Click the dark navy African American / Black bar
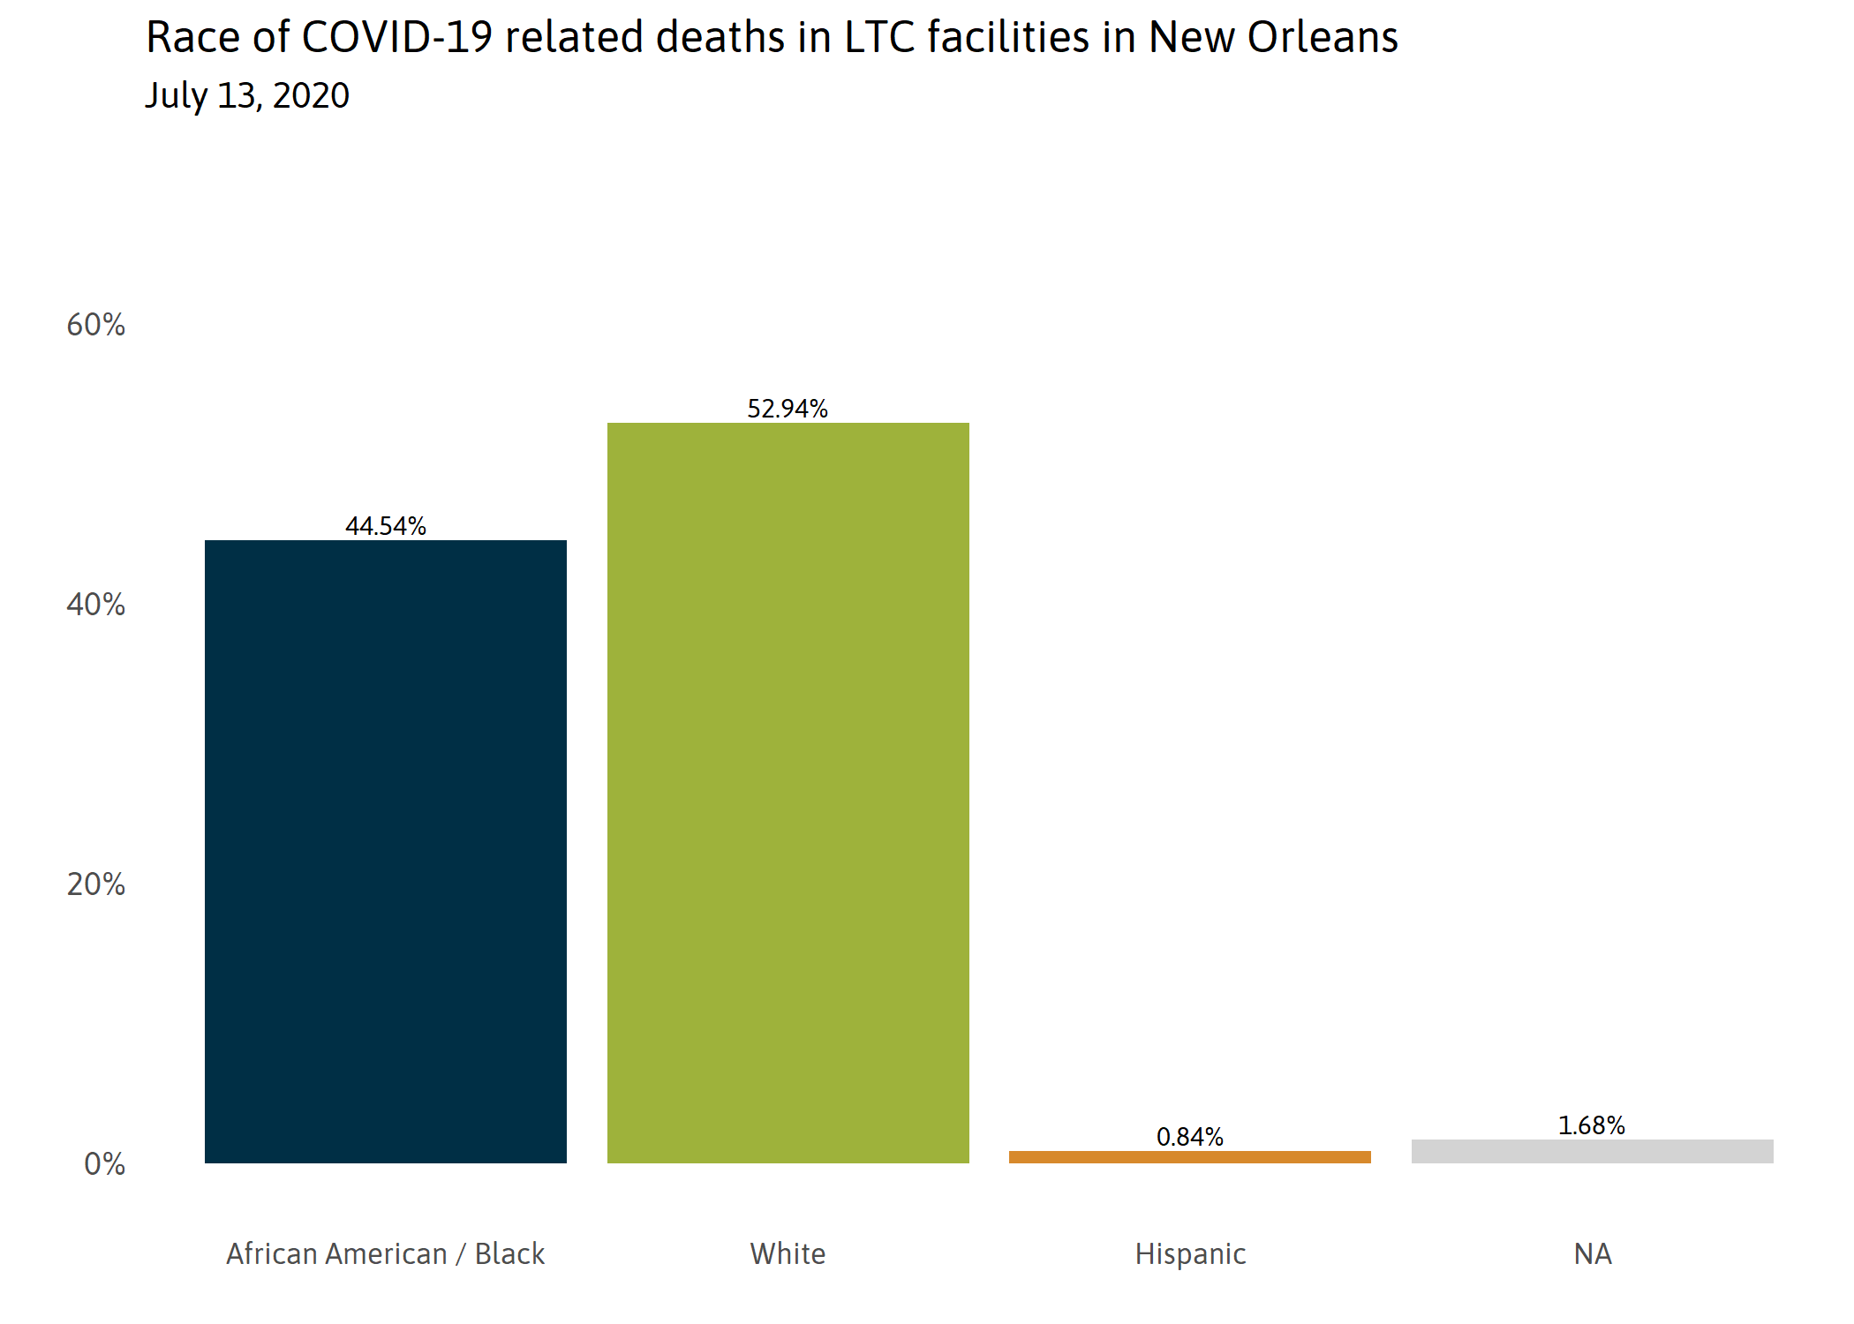[x=386, y=852]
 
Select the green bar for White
[x=788, y=793]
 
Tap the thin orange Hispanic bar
[x=1189, y=1156]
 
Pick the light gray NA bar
[x=1592, y=1151]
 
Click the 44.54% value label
[x=386, y=526]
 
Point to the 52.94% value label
[x=788, y=409]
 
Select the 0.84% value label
[x=1189, y=1136]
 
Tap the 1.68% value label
[x=1591, y=1125]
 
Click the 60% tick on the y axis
[x=96, y=325]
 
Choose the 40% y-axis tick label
[x=96, y=605]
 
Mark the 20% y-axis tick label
[x=96, y=884]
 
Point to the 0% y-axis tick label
[x=104, y=1164]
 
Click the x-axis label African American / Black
[x=386, y=1253]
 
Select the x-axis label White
[x=788, y=1253]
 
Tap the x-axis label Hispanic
[x=1190, y=1253]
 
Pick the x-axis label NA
[x=1593, y=1253]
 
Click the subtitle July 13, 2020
[x=247, y=95]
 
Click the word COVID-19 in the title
[x=396, y=38]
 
